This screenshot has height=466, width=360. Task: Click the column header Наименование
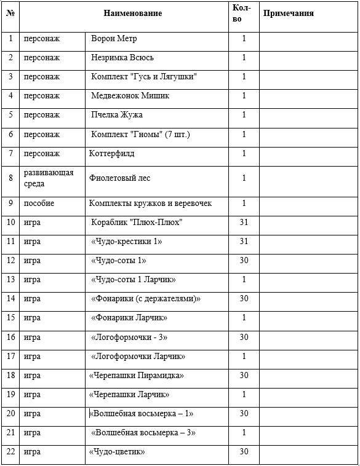point(132,14)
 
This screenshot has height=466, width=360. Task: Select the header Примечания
point(288,14)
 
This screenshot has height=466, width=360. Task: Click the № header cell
point(10,14)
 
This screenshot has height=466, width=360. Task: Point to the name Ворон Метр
point(114,39)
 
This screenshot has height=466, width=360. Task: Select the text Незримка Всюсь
point(122,58)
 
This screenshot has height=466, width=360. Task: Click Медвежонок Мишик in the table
point(130,96)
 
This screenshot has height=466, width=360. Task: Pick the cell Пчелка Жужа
point(117,115)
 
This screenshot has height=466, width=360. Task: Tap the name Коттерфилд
point(111,153)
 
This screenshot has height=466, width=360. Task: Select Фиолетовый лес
point(119,178)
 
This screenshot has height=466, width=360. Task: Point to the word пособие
point(39,203)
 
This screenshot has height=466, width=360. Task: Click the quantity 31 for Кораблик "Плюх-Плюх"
point(244,223)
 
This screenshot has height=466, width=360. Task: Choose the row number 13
point(11,280)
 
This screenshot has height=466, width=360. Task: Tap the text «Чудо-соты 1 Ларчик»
point(133,280)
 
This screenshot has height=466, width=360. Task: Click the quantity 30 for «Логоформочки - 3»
point(244,338)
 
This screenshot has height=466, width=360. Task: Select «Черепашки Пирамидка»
point(136,376)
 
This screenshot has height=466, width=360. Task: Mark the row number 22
point(11,452)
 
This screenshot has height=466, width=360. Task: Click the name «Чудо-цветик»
point(117,452)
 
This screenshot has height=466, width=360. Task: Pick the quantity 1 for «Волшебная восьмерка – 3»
point(244,433)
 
